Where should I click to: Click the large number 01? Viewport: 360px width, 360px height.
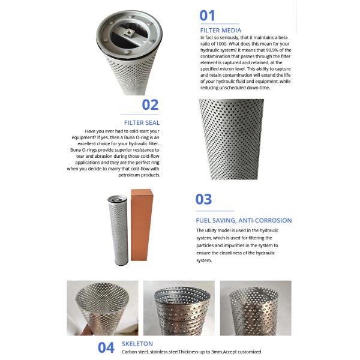pos(207,16)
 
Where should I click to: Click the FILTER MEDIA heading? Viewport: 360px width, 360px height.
pos(220,29)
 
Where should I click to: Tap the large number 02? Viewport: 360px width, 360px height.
pos(150,105)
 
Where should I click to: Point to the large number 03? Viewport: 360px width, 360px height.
pos(204,200)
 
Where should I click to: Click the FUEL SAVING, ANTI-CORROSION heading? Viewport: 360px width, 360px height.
pos(244,220)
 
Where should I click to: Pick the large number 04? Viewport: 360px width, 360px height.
pos(106,347)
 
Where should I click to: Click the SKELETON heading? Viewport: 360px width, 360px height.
pos(137,344)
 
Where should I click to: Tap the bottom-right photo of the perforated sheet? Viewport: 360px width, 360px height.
pos(256,308)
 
